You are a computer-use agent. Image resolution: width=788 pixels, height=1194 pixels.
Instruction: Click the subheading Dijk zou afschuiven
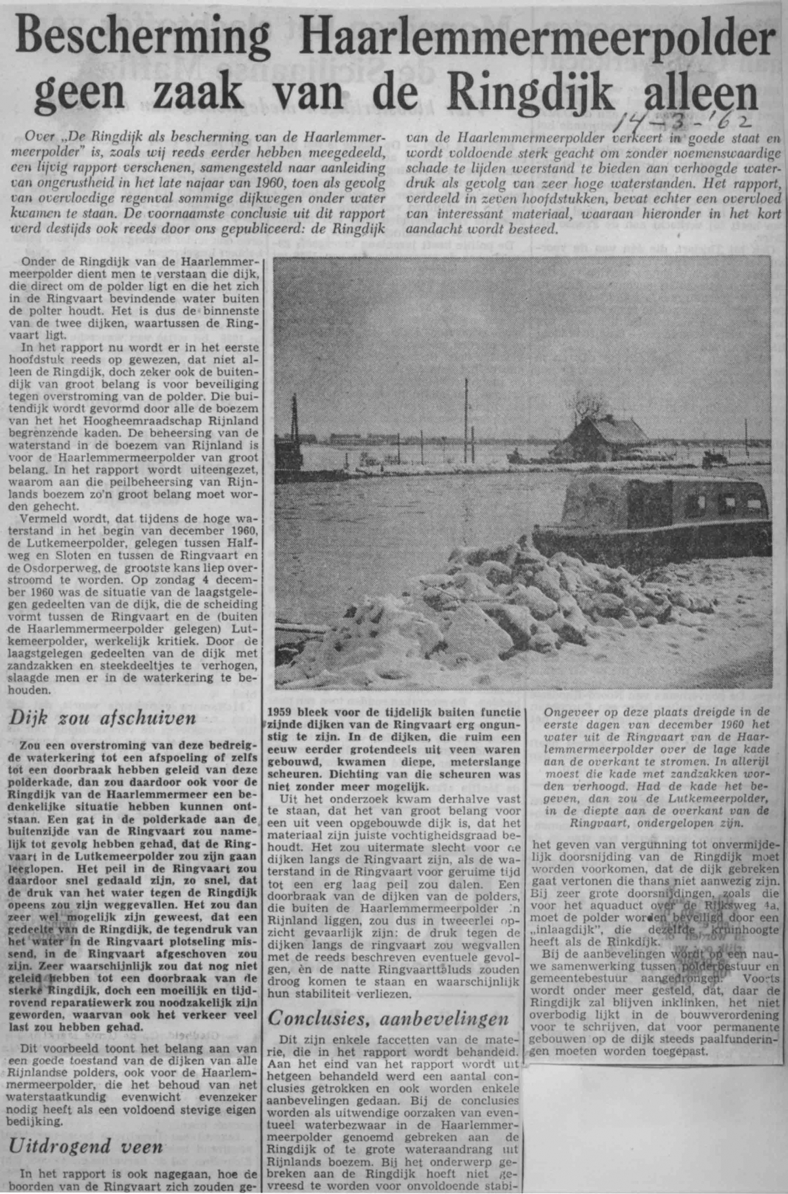pyautogui.click(x=102, y=717)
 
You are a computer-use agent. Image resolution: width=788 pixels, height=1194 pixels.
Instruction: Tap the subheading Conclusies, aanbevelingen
pyautogui.click(x=389, y=1019)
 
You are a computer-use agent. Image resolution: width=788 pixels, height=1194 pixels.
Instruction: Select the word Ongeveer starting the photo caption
pyautogui.click(x=569, y=711)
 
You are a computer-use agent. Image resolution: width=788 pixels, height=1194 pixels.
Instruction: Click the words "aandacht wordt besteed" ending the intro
pyautogui.click(x=482, y=230)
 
